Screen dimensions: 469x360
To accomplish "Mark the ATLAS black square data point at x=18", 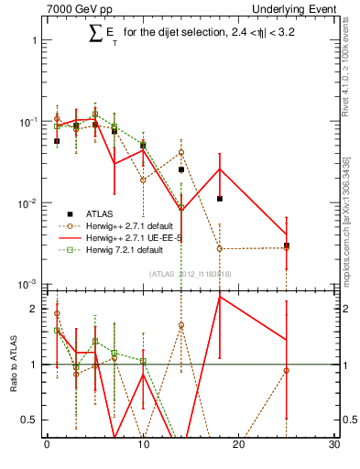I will (220, 199).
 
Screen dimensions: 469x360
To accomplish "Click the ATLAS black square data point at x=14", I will (181, 169).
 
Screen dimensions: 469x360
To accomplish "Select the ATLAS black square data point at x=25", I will (287, 245).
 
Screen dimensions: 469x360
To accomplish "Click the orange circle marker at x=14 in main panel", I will (181, 152).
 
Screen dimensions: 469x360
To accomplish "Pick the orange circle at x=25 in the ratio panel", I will (287, 370).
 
